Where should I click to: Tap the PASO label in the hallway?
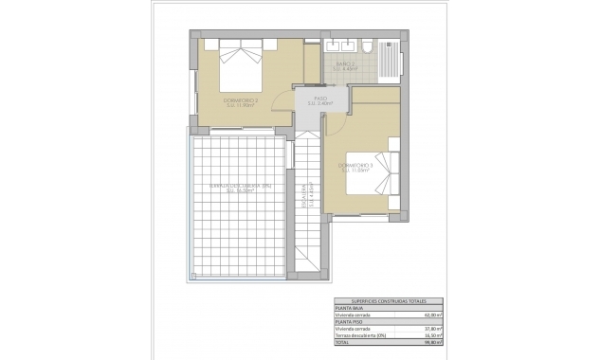coord(320,97)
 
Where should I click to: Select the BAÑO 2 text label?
coord(345,63)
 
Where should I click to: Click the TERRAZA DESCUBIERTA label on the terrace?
coord(237,186)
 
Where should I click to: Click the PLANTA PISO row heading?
coord(348,322)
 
